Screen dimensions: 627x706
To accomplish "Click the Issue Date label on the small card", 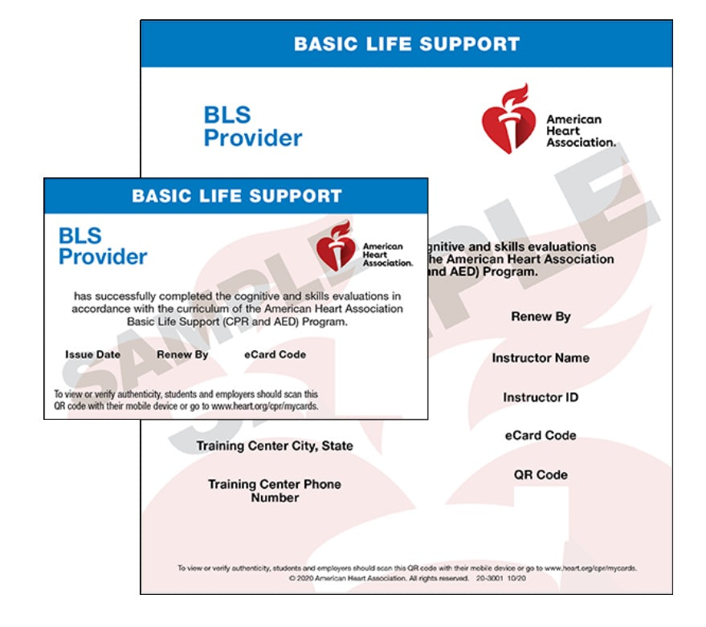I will pyautogui.click(x=93, y=354).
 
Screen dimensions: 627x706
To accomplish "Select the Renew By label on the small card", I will pyautogui.click(x=182, y=354).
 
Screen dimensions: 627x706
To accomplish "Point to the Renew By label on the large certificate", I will pyautogui.click(x=541, y=316).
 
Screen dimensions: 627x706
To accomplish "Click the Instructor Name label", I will pyautogui.click(x=541, y=358).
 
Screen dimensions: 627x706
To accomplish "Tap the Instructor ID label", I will pyautogui.click(x=541, y=397).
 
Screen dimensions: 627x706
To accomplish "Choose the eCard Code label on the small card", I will pyautogui.click(x=275, y=354).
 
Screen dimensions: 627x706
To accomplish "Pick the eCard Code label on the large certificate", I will pyautogui.click(x=541, y=435).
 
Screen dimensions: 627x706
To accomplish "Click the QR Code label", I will pyautogui.click(x=541, y=474).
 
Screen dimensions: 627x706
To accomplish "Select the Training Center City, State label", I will pyautogui.click(x=275, y=446).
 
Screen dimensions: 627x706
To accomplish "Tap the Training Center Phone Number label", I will pyautogui.click(x=275, y=491).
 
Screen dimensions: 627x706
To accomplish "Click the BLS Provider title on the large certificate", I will pyautogui.click(x=252, y=126).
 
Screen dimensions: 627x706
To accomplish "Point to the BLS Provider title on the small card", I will pyautogui.click(x=103, y=246).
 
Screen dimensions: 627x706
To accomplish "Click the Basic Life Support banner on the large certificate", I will pyautogui.click(x=406, y=44).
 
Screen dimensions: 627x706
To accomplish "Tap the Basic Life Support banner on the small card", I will pyautogui.click(x=236, y=196).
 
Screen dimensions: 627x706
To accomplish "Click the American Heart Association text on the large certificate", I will pyautogui.click(x=580, y=131).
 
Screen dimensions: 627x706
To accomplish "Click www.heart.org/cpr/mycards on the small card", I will pyautogui.click(x=264, y=406).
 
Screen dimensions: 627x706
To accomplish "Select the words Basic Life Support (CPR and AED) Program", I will pyautogui.click(x=237, y=322).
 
